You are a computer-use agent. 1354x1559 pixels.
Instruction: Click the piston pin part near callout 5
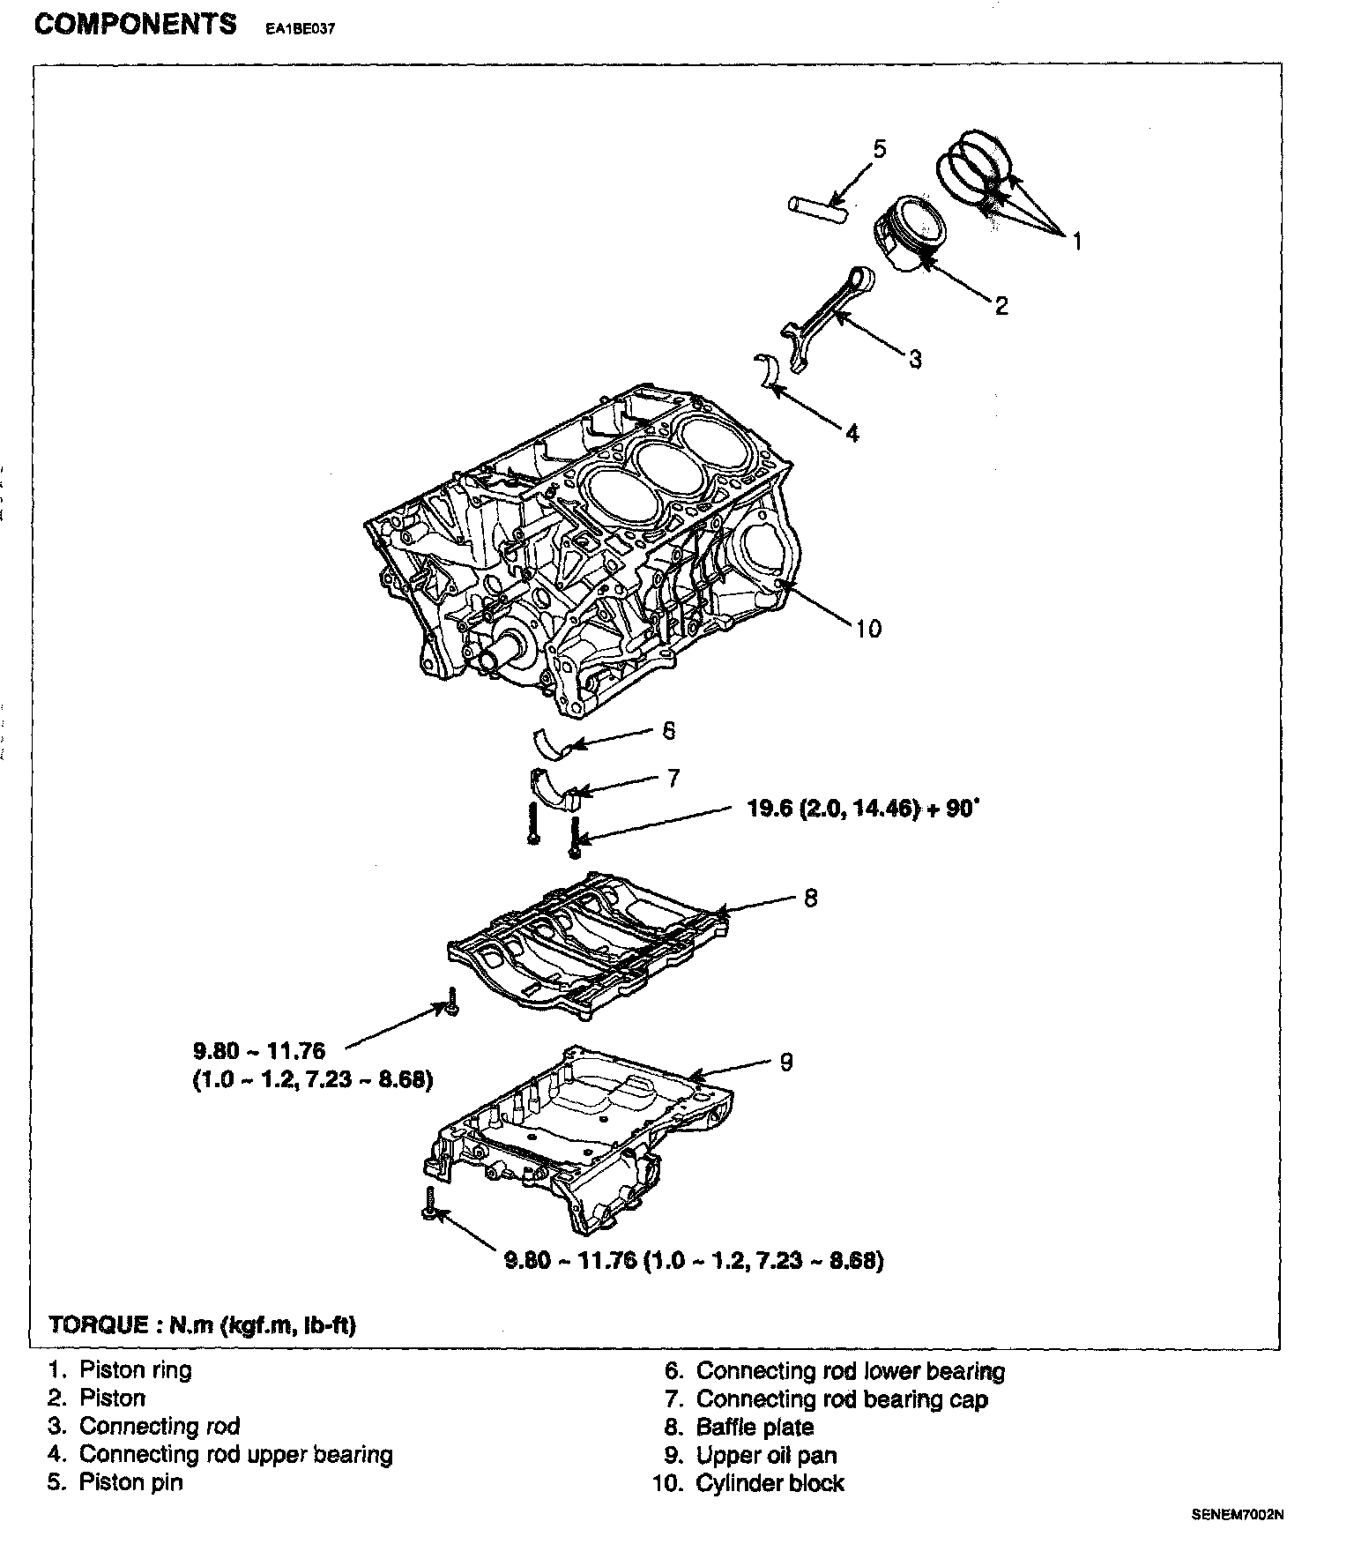pos(817,207)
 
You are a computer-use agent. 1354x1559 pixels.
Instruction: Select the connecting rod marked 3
pos(829,317)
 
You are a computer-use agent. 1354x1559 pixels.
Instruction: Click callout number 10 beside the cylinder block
pos(868,629)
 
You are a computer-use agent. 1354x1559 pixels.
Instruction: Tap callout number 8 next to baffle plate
pos(810,898)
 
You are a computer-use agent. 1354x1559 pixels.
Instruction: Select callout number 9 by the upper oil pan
pos(786,1062)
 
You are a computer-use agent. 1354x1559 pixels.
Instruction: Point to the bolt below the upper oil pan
pos(429,1205)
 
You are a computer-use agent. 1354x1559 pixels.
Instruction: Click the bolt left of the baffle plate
pos(451,1001)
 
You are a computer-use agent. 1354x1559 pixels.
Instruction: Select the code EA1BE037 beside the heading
pos(301,27)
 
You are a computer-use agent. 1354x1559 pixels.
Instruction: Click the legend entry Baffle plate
pos(755,1428)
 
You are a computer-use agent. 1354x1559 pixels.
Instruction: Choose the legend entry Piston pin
pos(130,1482)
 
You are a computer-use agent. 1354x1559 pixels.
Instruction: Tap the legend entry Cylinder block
pos(770,1483)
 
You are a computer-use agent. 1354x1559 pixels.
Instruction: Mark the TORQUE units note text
pos(203,1325)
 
